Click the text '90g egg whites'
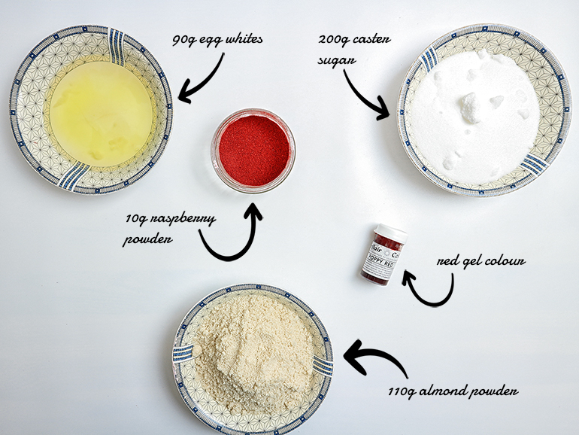(x=217, y=39)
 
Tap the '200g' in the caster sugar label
(x=331, y=40)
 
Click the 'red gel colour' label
(x=480, y=261)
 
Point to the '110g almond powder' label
(x=453, y=391)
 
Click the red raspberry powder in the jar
(x=254, y=151)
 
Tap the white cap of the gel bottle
(x=392, y=233)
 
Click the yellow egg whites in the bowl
(x=101, y=114)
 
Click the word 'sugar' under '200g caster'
(x=337, y=60)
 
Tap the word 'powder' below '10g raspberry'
(x=147, y=239)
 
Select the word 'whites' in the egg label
(x=244, y=39)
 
